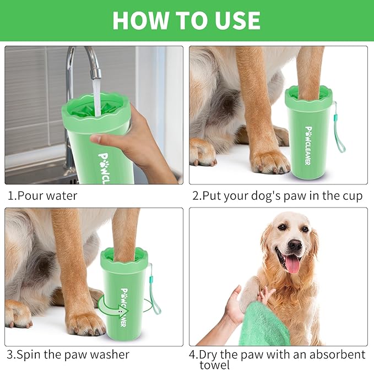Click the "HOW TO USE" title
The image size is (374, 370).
coord(186,20)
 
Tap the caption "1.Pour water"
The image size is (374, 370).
coord(42,196)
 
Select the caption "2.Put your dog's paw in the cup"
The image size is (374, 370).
coord(277,196)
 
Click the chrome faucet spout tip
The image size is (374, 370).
coord(96,71)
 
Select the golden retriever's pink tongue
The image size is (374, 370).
coord(292,264)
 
